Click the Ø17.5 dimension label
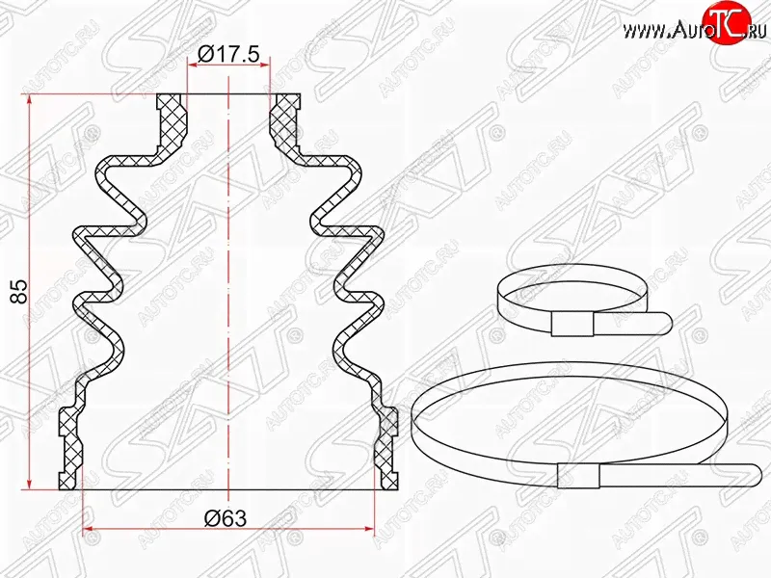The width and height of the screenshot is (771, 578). [x=228, y=54]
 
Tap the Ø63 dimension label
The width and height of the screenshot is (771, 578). [x=226, y=517]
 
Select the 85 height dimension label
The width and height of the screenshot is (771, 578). [x=20, y=292]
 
